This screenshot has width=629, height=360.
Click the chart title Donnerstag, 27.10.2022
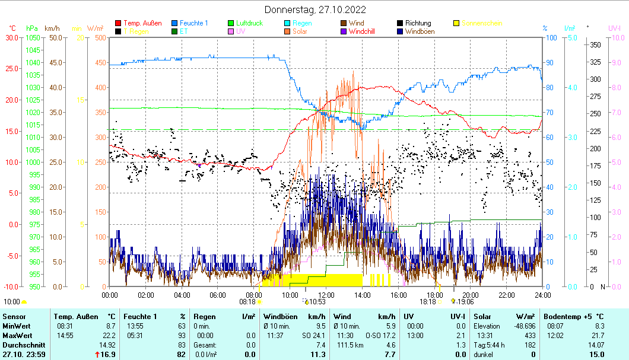[x=314, y=9]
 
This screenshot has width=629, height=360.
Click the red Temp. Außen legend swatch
[x=118, y=24]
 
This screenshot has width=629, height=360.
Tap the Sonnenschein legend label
[x=481, y=24]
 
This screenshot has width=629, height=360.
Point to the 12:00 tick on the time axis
[x=326, y=295]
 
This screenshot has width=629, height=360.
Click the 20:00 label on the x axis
[x=471, y=295]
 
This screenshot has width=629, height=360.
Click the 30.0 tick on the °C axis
[x=12, y=37]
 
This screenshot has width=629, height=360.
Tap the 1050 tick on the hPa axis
[x=33, y=37]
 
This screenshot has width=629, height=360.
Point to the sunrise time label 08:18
[x=247, y=301]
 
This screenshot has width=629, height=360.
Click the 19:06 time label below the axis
[x=465, y=301]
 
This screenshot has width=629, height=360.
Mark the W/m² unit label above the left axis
[x=96, y=28]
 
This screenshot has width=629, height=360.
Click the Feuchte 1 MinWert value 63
[x=182, y=326]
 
